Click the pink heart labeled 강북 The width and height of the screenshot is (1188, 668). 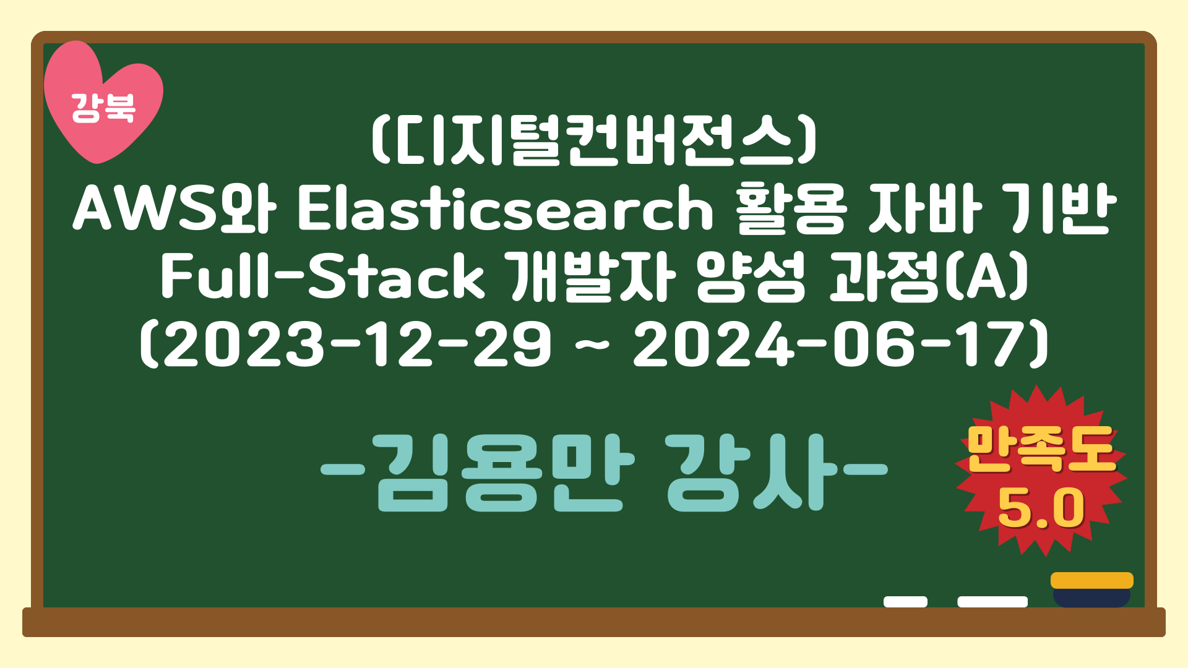point(103,105)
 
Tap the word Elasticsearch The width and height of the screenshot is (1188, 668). point(505,209)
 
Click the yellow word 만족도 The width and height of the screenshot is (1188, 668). point(1041,450)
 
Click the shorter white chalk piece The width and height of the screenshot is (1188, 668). point(905,602)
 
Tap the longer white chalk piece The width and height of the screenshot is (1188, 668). point(992,602)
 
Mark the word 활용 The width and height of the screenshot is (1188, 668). point(791,209)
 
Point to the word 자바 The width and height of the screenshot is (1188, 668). point(925,209)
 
